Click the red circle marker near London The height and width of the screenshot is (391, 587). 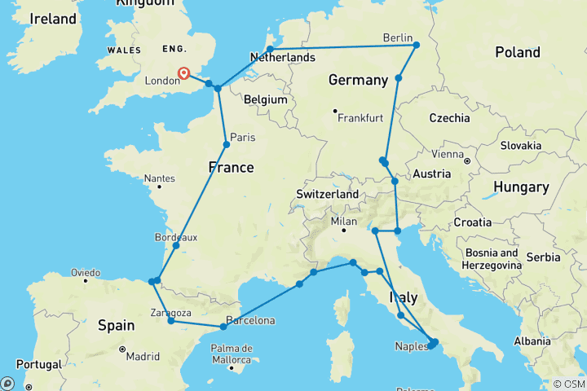184,73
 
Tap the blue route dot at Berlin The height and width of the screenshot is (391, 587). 416,45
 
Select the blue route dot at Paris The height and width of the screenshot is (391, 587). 226,145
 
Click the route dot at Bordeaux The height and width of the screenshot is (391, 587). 176,245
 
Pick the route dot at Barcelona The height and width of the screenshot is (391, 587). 223,327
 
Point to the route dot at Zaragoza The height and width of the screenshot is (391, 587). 170,321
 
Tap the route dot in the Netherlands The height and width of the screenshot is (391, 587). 270,49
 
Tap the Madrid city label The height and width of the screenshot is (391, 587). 142,356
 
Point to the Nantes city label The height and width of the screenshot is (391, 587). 158,178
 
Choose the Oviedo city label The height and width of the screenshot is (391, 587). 85,272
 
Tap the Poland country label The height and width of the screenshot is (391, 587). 518,52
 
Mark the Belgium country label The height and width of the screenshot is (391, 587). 265,99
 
